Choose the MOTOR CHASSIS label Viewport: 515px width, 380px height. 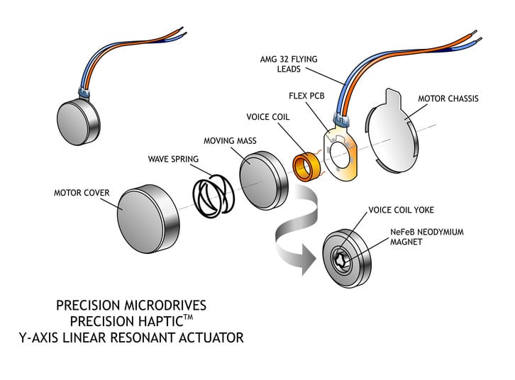pos(448,99)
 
